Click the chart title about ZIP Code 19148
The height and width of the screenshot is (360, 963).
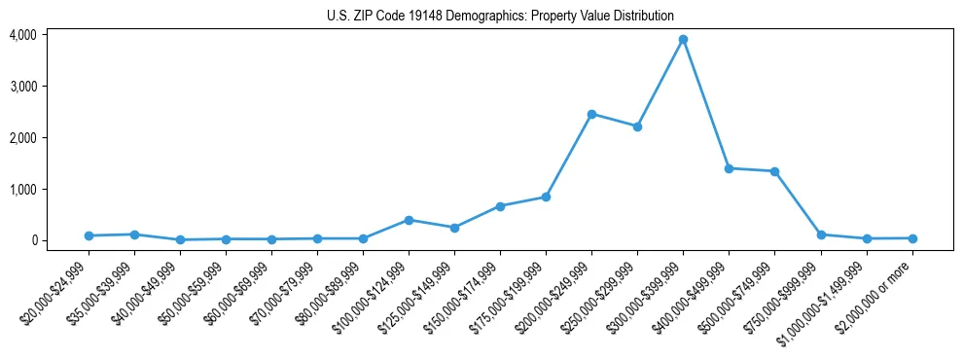(500, 16)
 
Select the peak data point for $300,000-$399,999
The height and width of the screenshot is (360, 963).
(683, 40)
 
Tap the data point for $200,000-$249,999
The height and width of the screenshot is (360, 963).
(591, 114)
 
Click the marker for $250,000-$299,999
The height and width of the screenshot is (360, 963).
(637, 126)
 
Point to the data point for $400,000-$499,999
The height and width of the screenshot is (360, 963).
(729, 168)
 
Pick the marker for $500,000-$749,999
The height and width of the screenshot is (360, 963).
(774, 171)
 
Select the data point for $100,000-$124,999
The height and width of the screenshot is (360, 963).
(409, 220)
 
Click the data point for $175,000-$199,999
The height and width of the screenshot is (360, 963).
(546, 197)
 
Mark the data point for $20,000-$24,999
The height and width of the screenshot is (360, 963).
(89, 235)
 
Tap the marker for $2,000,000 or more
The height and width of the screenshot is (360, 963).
(911, 238)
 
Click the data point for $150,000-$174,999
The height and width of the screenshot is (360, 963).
(500, 206)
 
